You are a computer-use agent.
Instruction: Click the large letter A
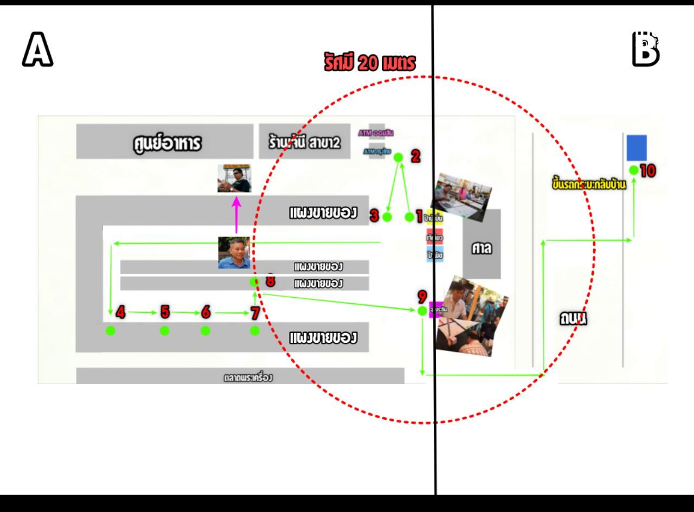coord(37,49)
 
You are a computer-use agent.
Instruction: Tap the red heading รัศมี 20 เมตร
coord(370,63)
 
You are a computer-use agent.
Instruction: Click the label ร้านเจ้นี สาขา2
coord(304,143)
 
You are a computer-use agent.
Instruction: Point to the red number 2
coord(415,156)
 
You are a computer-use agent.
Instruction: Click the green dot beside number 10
coord(633,170)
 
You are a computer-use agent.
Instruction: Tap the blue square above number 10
coord(637,148)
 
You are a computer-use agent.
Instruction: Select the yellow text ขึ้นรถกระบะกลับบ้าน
coord(588,185)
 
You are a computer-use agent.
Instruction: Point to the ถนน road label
coord(573,318)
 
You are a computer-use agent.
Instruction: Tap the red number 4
coord(120,312)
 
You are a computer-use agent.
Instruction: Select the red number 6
coord(205,312)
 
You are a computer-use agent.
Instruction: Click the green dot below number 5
coord(164,331)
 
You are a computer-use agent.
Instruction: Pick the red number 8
coord(269,281)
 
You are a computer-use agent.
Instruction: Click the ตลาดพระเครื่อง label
coord(248,377)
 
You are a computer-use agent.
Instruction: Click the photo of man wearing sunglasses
coord(234,178)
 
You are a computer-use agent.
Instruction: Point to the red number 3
coord(374,216)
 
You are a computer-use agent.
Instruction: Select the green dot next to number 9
coord(422,311)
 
